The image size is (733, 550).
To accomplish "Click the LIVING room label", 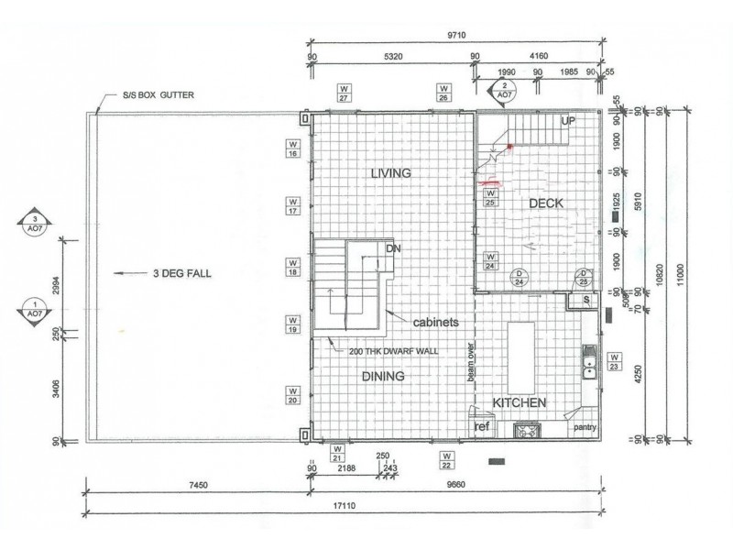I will [390, 173].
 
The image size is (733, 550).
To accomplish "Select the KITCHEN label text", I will [520, 402].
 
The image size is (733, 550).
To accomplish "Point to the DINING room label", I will [383, 376].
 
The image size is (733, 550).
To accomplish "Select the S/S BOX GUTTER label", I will [158, 94].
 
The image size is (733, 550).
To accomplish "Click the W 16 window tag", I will [293, 149].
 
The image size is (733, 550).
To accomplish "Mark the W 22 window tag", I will [446, 457].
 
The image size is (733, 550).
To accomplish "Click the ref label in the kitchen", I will [481, 427].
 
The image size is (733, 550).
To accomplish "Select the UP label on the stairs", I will [568, 121].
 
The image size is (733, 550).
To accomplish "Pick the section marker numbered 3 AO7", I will [35, 225].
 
